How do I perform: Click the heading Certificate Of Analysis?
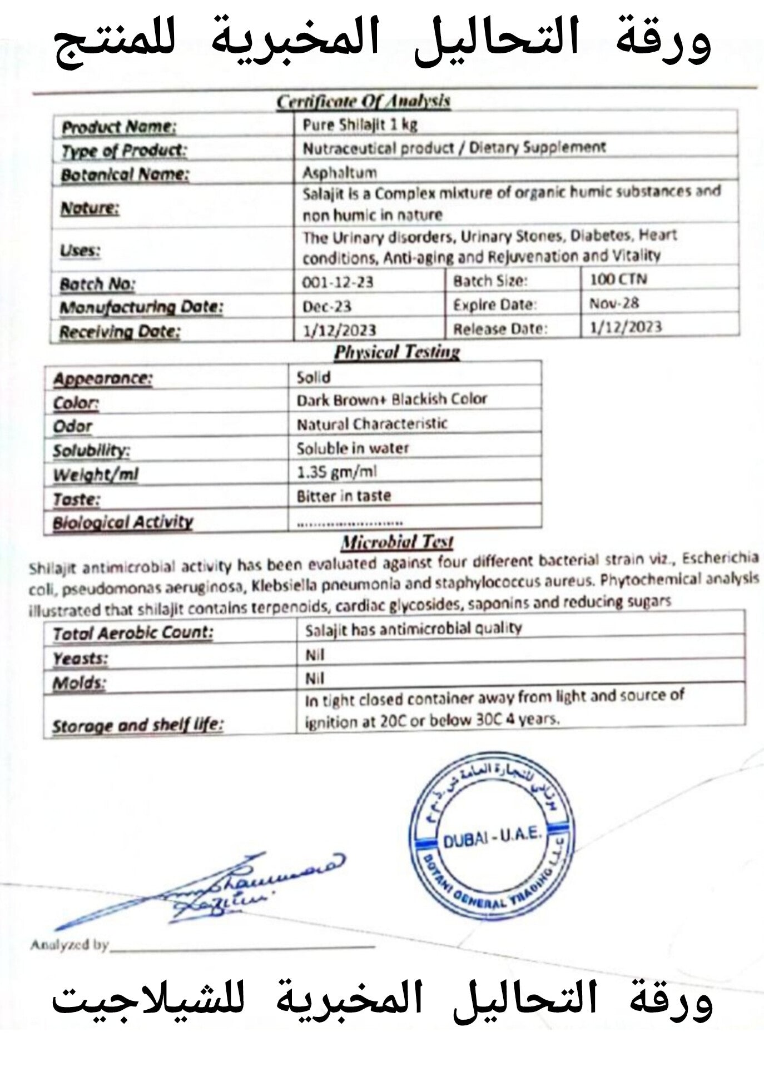coord(363,102)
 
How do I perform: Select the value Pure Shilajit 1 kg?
coord(360,125)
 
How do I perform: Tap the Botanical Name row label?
coord(125,175)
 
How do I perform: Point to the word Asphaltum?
coord(339,172)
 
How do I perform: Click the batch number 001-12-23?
coord(338,282)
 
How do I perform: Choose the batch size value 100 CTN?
coord(618,279)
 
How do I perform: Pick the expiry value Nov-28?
coord(614,303)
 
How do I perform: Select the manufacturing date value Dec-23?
coord(327,306)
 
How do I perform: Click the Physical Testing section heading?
coord(397,352)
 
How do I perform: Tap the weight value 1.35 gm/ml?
coord(336,472)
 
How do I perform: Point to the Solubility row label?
coord(91,450)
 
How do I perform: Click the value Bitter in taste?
coord(344,496)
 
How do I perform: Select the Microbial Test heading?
coord(397,542)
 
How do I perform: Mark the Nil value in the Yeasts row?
coord(315,656)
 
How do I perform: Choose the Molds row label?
coord(78,683)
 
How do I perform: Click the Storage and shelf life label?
coord(137,725)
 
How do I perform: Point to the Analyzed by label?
coord(69,945)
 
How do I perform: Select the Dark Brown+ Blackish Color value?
coord(391,400)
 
